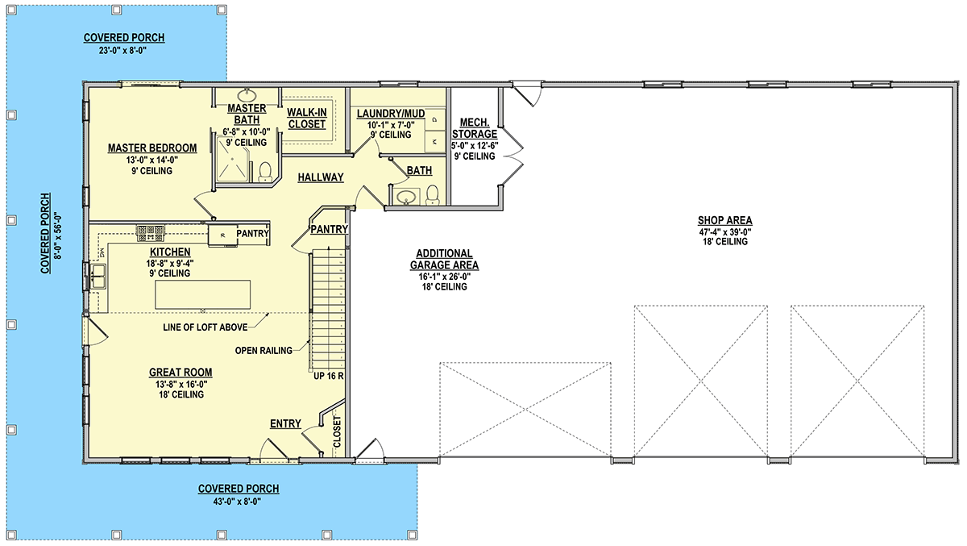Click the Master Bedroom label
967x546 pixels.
point(152,148)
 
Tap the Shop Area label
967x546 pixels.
point(724,220)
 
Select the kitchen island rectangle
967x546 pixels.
point(202,294)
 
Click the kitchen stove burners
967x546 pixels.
point(150,233)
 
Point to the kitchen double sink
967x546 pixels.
point(98,277)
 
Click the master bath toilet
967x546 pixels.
point(264,172)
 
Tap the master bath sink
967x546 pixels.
point(247,94)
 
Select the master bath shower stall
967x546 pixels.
point(232,160)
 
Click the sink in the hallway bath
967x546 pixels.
point(406,197)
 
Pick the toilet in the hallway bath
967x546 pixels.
point(432,195)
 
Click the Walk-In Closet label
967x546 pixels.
point(307,119)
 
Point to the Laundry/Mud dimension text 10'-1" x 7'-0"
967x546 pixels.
point(391,125)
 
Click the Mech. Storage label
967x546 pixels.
point(475,128)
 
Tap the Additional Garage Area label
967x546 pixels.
point(444,259)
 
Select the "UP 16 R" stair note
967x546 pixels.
point(329,376)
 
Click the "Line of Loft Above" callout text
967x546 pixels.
point(205,327)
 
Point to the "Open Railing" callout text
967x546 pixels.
point(264,351)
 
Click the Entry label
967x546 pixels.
point(285,423)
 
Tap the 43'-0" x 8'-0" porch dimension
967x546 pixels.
point(237,502)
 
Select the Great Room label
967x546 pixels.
point(181,373)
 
